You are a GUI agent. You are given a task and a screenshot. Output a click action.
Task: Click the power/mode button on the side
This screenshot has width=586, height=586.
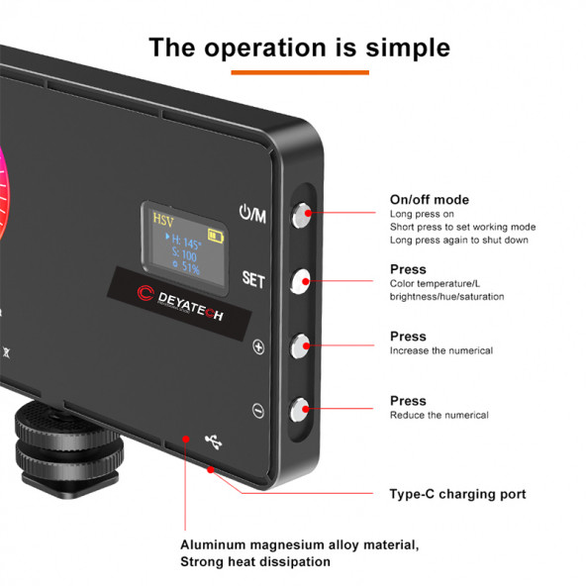pyautogui.click(x=301, y=215)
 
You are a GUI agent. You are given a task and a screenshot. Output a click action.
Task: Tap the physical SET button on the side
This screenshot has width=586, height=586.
pyautogui.click(x=300, y=281)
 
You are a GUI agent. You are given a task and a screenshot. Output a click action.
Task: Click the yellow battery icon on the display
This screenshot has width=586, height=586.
pyautogui.click(x=216, y=236)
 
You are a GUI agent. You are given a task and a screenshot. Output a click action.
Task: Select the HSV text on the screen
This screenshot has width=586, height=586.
pyautogui.click(x=163, y=220)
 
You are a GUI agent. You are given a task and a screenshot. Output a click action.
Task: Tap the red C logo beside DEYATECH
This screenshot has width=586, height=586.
pyautogui.click(x=146, y=293)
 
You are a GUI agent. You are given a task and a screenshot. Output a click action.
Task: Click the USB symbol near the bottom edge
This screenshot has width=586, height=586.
pyautogui.click(x=214, y=441)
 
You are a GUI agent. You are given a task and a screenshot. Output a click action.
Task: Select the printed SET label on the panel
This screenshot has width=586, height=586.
pyautogui.click(x=253, y=279)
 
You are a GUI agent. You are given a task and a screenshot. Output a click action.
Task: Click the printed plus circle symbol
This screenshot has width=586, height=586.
pyautogui.click(x=258, y=346)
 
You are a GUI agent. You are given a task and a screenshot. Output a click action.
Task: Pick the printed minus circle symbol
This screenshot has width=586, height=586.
pyautogui.click(x=258, y=411)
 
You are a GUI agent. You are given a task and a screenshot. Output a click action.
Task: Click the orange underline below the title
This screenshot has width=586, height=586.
pyautogui.click(x=300, y=72)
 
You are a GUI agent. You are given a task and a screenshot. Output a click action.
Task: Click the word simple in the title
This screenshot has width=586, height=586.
pyautogui.click(x=408, y=48)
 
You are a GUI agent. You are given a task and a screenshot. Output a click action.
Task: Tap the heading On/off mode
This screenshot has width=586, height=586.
pyautogui.click(x=430, y=200)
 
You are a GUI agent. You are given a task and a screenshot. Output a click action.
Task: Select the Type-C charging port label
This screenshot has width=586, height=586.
pyautogui.click(x=457, y=494)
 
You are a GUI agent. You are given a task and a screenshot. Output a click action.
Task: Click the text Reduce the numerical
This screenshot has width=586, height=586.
pyautogui.click(x=439, y=415)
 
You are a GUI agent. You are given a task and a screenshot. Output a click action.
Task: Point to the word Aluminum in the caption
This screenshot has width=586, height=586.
pyautogui.click(x=213, y=544)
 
